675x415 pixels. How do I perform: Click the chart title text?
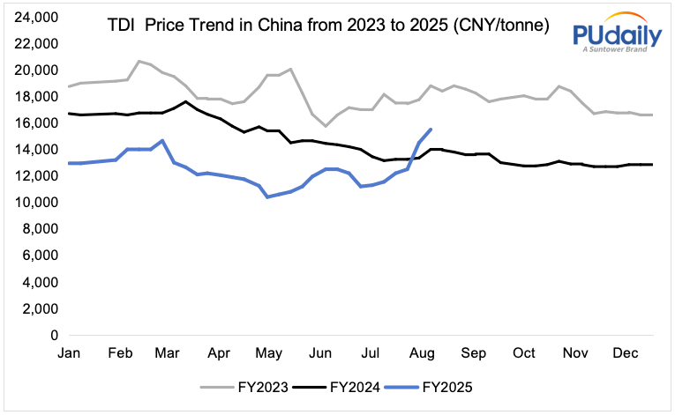click(x=327, y=26)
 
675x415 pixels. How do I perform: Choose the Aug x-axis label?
click(x=422, y=353)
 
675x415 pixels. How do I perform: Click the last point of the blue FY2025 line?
click(x=430, y=130)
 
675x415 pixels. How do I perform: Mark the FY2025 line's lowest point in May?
click(x=267, y=196)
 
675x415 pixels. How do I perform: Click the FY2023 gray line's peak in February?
click(x=139, y=61)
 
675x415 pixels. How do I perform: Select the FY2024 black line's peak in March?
click(x=184, y=101)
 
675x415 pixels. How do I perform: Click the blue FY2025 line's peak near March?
click(x=162, y=140)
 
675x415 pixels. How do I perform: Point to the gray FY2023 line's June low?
click(x=325, y=126)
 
